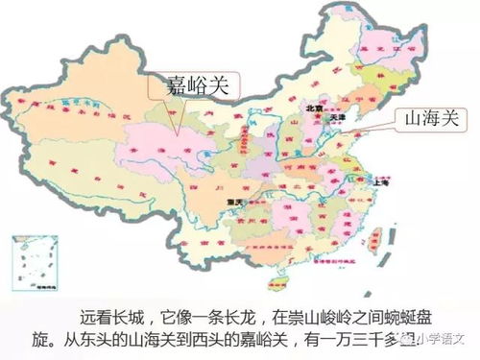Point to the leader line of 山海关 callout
pyautogui.click(x=376, y=129)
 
